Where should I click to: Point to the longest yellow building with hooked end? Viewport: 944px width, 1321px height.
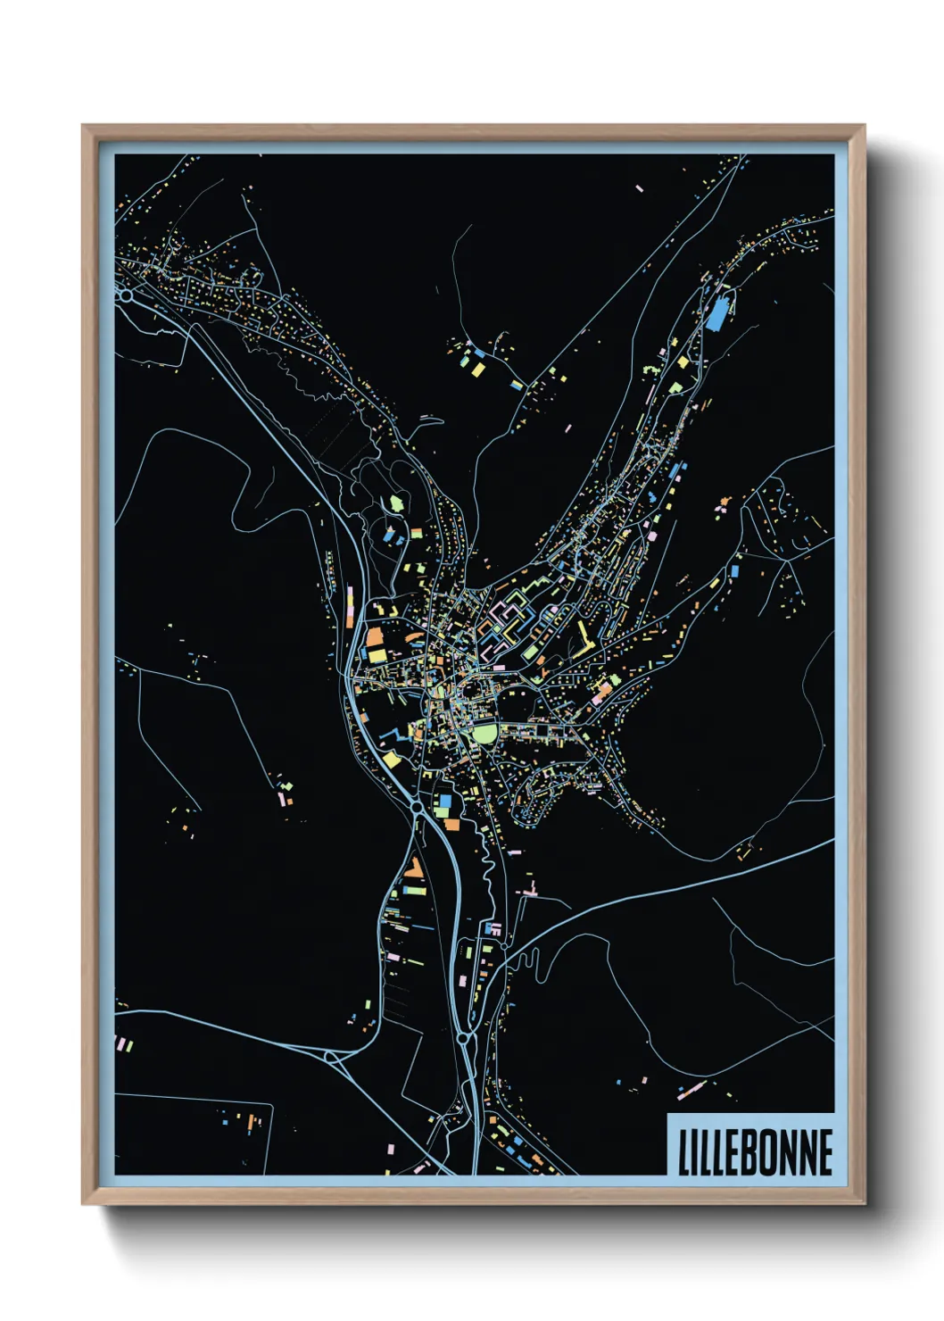(x=584, y=637)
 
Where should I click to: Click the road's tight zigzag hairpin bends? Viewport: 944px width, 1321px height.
(x=532, y=962)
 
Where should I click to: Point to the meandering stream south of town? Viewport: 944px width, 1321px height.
(x=485, y=857)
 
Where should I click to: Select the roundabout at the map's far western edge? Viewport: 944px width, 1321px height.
(x=127, y=294)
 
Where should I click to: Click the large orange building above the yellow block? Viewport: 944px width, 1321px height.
(x=374, y=637)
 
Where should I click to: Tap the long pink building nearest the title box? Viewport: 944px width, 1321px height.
(x=691, y=1089)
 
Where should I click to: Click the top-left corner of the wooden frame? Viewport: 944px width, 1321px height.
(x=85, y=128)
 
